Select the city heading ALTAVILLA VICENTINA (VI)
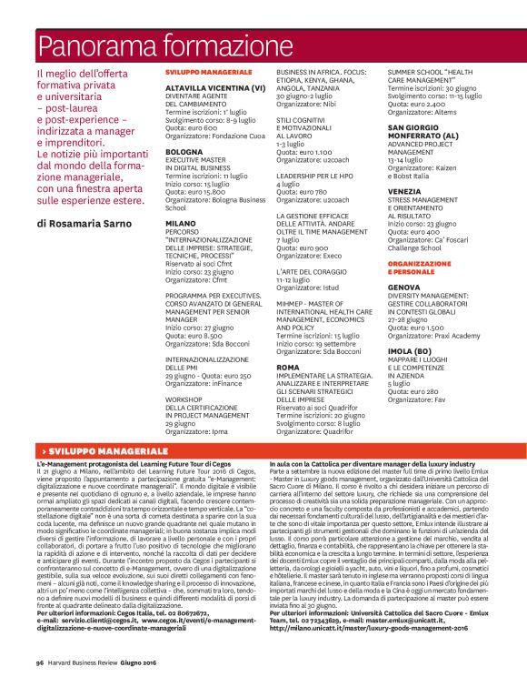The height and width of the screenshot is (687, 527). click(x=215, y=88)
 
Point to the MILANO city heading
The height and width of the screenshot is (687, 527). click(x=181, y=222)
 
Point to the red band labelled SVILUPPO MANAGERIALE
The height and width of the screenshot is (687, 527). click(x=263, y=451)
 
